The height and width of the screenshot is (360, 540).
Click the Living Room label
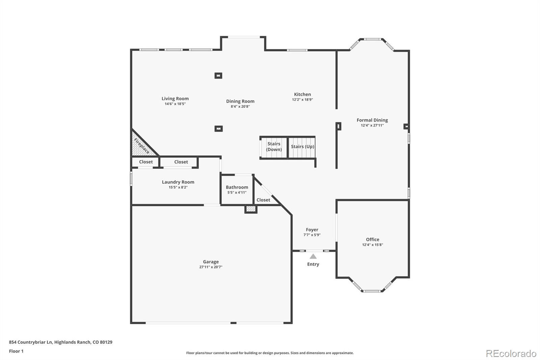click(175, 99)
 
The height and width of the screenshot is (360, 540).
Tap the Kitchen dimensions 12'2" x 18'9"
click(302, 99)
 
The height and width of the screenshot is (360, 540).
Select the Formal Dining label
click(372, 120)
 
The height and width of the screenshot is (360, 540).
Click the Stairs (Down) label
click(274, 147)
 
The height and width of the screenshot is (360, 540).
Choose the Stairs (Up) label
click(302, 147)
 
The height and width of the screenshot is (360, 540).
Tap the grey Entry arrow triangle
click(313, 256)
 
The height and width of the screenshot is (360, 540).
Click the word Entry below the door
click(313, 264)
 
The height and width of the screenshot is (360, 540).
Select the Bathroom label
click(237, 187)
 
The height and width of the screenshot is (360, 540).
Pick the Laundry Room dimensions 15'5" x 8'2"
click(178, 187)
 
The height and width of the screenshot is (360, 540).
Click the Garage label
click(211, 262)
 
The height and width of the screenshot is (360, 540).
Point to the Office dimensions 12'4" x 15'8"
click(373, 245)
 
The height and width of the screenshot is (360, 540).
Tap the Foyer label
click(312, 230)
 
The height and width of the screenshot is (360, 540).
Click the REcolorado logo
click(511, 354)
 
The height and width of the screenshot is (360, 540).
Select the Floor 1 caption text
click(16, 351)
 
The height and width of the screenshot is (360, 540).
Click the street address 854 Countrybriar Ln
click(31, 342)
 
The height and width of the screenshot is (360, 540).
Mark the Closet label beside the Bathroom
click(263, 200)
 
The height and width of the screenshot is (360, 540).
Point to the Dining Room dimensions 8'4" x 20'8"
click(240, 106)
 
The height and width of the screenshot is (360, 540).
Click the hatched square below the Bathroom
click(251, 209)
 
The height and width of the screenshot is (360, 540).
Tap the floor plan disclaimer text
click(270, 353)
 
